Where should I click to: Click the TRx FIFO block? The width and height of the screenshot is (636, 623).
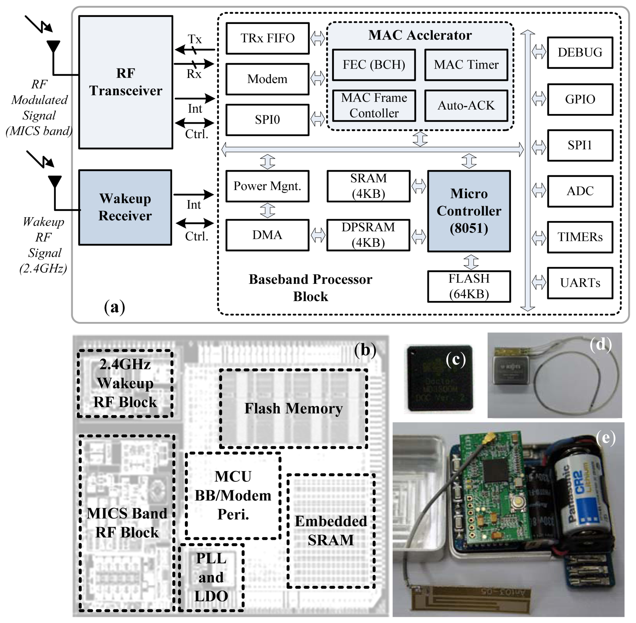(267, 38)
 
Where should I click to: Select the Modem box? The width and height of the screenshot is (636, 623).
(267, 79)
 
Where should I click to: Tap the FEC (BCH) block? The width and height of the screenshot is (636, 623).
(374, 65)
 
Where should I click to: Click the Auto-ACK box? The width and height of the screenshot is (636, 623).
(466, 106)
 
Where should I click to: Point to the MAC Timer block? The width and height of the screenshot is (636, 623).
(466, 65)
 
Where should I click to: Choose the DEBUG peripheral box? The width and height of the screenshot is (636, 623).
(580, 52)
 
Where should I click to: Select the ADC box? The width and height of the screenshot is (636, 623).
(580, 191)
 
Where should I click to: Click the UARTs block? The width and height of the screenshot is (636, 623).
(580, 283)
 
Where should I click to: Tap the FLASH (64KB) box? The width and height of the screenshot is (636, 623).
(469, 286)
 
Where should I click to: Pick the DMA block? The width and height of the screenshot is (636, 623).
(267, 235)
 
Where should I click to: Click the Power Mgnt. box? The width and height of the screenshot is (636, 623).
(267, 186)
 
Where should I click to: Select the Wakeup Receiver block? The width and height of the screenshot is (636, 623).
(125, 207)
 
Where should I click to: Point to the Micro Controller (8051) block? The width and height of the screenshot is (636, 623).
(469, 211)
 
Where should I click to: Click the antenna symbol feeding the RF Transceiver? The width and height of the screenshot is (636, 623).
(53, 47)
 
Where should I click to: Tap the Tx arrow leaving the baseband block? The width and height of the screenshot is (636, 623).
(195, 50)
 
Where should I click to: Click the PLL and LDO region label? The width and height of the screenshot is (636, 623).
(211, 577)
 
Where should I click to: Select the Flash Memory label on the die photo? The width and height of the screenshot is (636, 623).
(293, 408)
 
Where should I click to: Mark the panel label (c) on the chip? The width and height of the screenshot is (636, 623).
(455, 360)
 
